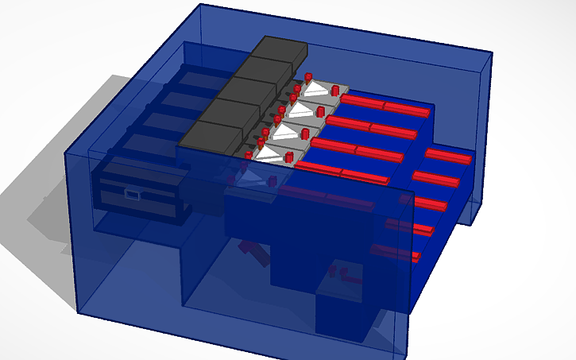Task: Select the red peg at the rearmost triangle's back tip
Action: [307, 76]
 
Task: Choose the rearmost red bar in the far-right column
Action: [448, 156]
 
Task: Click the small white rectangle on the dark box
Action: [133, 192]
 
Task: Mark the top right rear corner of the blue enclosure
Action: [491, 54]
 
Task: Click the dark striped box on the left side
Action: [139, 191]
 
